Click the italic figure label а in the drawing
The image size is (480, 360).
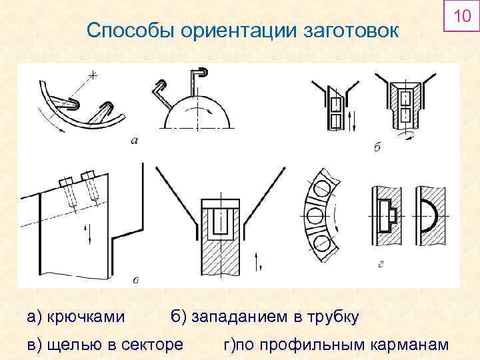click(x=136, y=141)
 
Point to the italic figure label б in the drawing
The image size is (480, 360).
click(x=377, y=146)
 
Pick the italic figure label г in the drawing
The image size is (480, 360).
click(x=380, y=265)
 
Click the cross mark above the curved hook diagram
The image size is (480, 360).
click(x=91, y=76)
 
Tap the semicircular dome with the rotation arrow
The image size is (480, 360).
click(x=197, y=117)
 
